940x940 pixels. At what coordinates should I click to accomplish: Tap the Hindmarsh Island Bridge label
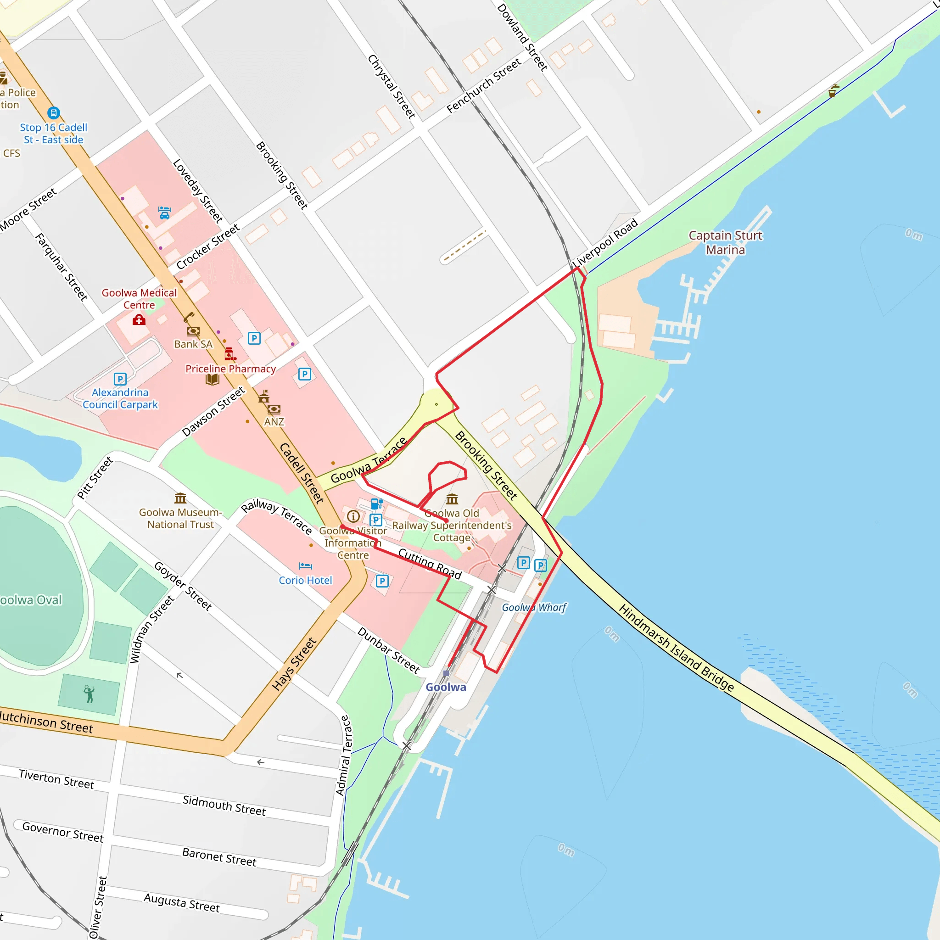(676, 648)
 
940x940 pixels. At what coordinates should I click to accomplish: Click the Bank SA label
(193, 344)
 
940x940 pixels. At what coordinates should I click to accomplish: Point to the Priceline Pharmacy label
(230, 369)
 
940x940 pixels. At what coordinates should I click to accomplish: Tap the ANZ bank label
(274, 422)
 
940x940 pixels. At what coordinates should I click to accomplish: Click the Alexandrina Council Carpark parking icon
(120, 379)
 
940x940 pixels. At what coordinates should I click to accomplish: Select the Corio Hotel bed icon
(306, 566)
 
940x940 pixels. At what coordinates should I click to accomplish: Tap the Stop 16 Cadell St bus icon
(54, 113)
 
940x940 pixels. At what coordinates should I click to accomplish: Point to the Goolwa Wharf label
(534, 607)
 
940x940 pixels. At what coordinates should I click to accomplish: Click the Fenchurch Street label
(484, 86)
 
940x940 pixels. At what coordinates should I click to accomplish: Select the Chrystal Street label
(392, 87)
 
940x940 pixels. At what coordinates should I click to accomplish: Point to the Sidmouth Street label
(224, 806)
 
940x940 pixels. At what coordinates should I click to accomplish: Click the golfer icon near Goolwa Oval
(89, 694)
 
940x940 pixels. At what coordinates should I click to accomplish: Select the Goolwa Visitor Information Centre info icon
(353, 516)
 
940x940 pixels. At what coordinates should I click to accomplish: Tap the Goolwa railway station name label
(446, 687)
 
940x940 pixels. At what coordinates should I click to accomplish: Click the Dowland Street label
(522, 37)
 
